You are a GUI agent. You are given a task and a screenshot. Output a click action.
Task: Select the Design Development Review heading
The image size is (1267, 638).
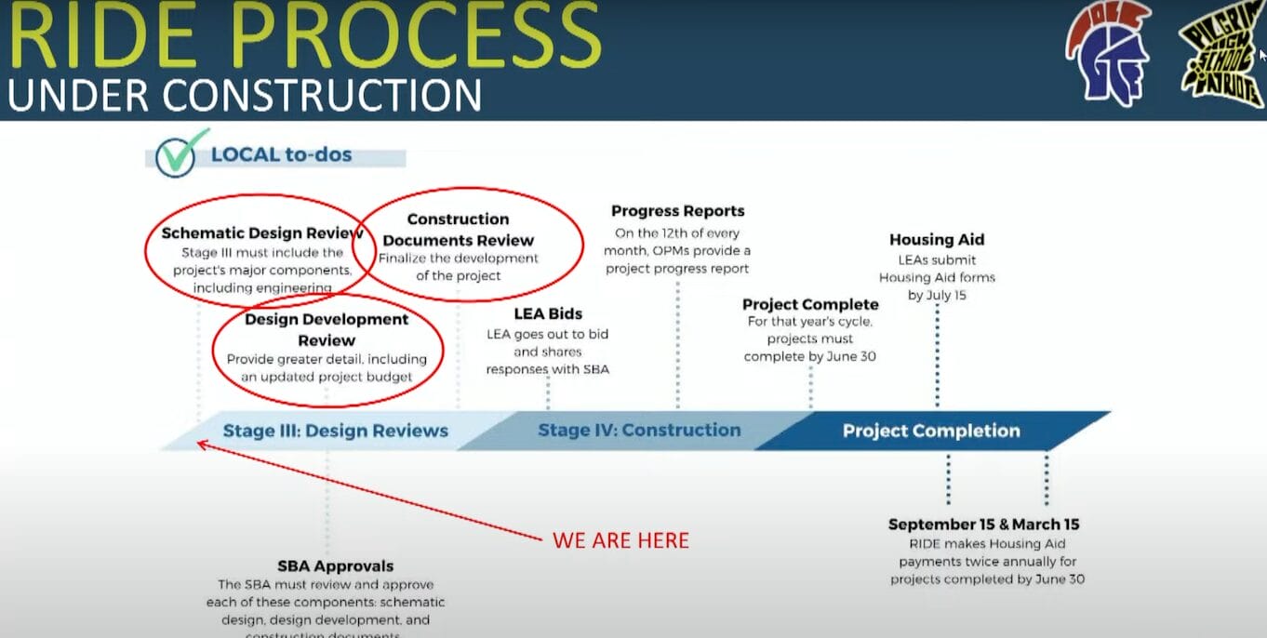(x=327, y=329)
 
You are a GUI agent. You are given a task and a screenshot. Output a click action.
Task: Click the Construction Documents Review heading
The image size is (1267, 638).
(x=458, y=230)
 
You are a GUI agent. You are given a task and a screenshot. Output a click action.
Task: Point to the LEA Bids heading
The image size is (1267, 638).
(x=548, y=314)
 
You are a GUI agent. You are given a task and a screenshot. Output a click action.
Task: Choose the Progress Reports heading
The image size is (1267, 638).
(x=677, y=211)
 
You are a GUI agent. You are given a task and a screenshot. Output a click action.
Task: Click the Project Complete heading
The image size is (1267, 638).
(x=810, y=304)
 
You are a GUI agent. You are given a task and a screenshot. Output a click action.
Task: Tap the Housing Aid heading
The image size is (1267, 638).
(x=937, y=240)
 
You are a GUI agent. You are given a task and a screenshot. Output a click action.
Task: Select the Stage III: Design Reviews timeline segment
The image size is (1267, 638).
(x=335, y=431)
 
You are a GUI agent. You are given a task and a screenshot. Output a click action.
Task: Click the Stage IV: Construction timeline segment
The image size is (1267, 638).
(x=639, y=431)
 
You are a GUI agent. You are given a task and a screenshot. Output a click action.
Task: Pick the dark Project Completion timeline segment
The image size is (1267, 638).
(x=931, y=431)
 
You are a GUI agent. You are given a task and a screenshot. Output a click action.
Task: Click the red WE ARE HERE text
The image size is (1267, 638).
(x=620, y=540)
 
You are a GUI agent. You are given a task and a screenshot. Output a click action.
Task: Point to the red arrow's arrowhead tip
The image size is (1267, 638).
(x=198, y=444)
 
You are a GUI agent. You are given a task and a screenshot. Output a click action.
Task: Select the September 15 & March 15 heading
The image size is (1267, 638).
(x=983, y=525)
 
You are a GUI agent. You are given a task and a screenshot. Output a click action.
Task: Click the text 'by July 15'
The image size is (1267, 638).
(x=937, y=295)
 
